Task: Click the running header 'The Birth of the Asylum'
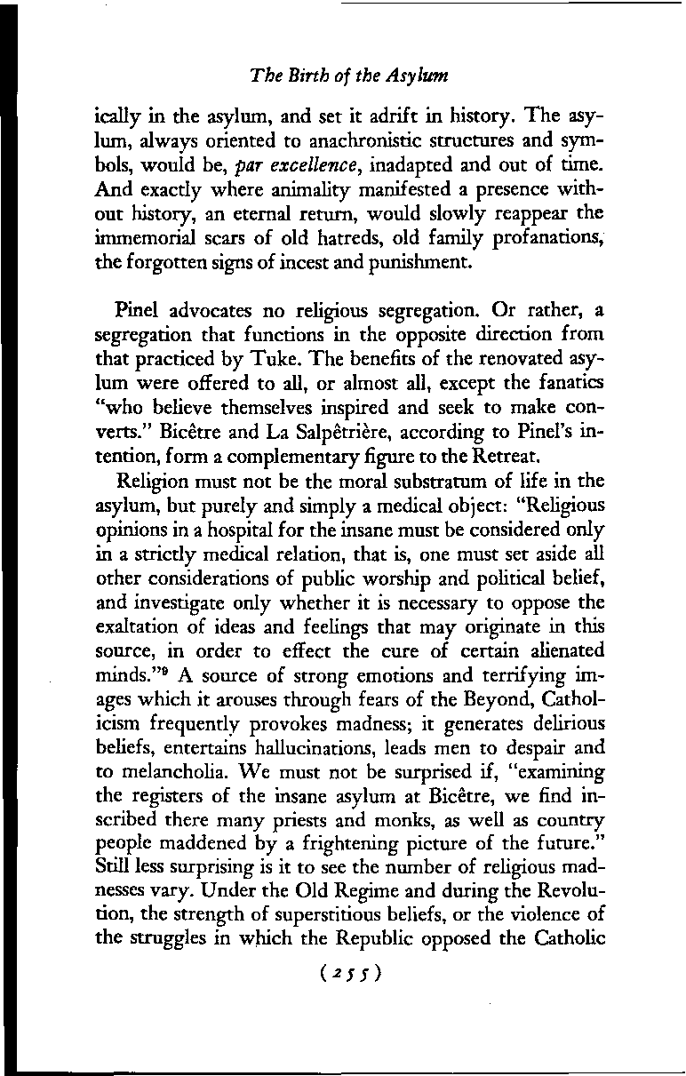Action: (348, 76)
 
